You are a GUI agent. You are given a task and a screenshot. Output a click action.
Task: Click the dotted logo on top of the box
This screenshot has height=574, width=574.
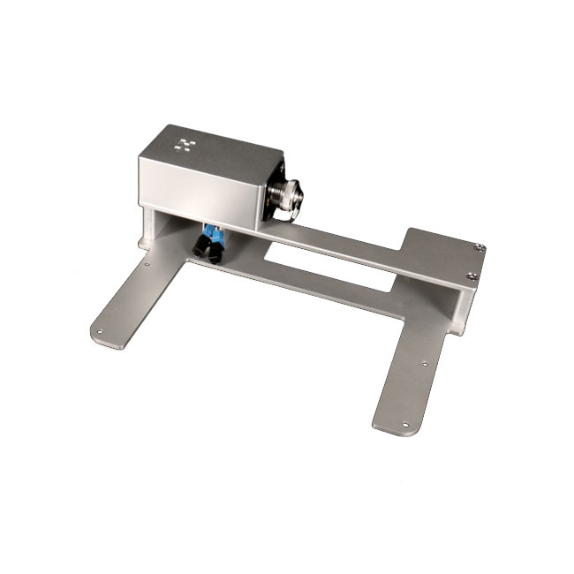pos(185,143)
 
